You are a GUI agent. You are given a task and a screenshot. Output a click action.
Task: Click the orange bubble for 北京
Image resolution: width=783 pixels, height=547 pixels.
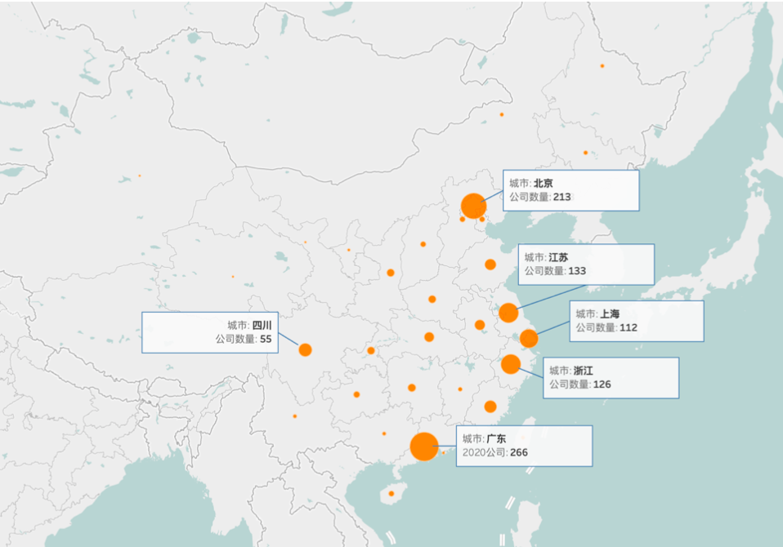[x=473, y=206]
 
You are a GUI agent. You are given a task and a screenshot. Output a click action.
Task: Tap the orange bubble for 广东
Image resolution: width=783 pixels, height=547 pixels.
[x=424, y=447]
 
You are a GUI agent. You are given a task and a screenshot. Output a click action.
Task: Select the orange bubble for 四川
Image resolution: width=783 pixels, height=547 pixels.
[x=305, y=349]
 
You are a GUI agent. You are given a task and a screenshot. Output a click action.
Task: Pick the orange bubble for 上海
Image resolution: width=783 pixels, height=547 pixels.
[x=529, y=338]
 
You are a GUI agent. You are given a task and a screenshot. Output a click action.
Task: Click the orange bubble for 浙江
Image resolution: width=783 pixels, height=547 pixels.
[x=511, y=364]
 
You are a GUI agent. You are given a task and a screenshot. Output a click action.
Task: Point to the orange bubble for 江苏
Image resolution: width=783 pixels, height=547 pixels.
[x=508, y=312]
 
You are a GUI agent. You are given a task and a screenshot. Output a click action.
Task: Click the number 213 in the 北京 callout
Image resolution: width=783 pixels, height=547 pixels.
[x=562, y=197]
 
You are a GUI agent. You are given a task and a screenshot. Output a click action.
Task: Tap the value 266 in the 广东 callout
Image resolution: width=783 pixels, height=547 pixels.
[x=518, y=452]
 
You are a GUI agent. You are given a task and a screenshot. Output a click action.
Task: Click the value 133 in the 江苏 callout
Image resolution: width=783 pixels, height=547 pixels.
[x=577, y=270]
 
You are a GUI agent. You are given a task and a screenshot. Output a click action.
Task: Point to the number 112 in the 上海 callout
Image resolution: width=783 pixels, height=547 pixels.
[x=628, y=327]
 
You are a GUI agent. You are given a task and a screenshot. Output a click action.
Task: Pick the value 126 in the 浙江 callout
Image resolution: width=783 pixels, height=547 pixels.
[x=602, y=384]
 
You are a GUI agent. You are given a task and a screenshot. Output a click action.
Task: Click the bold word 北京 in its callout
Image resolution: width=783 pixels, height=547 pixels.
[x=543, y=183]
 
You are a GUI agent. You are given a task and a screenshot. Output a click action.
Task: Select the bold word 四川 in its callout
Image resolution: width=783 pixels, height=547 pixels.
[x=262, y=324]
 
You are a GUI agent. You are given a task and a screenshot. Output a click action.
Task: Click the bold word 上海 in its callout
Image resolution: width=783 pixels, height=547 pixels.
[x=610, y=314]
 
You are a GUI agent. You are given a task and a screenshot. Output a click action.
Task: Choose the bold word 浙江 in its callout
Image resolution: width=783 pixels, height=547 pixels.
[x=584, y=370]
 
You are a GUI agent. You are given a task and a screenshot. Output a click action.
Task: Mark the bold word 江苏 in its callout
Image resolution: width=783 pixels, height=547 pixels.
[x=559, y=256]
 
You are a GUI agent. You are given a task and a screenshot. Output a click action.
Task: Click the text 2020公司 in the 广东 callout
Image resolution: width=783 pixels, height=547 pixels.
[x=482, y=452]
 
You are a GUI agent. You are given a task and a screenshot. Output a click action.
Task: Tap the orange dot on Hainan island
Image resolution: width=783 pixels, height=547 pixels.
[x=391, y=493]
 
